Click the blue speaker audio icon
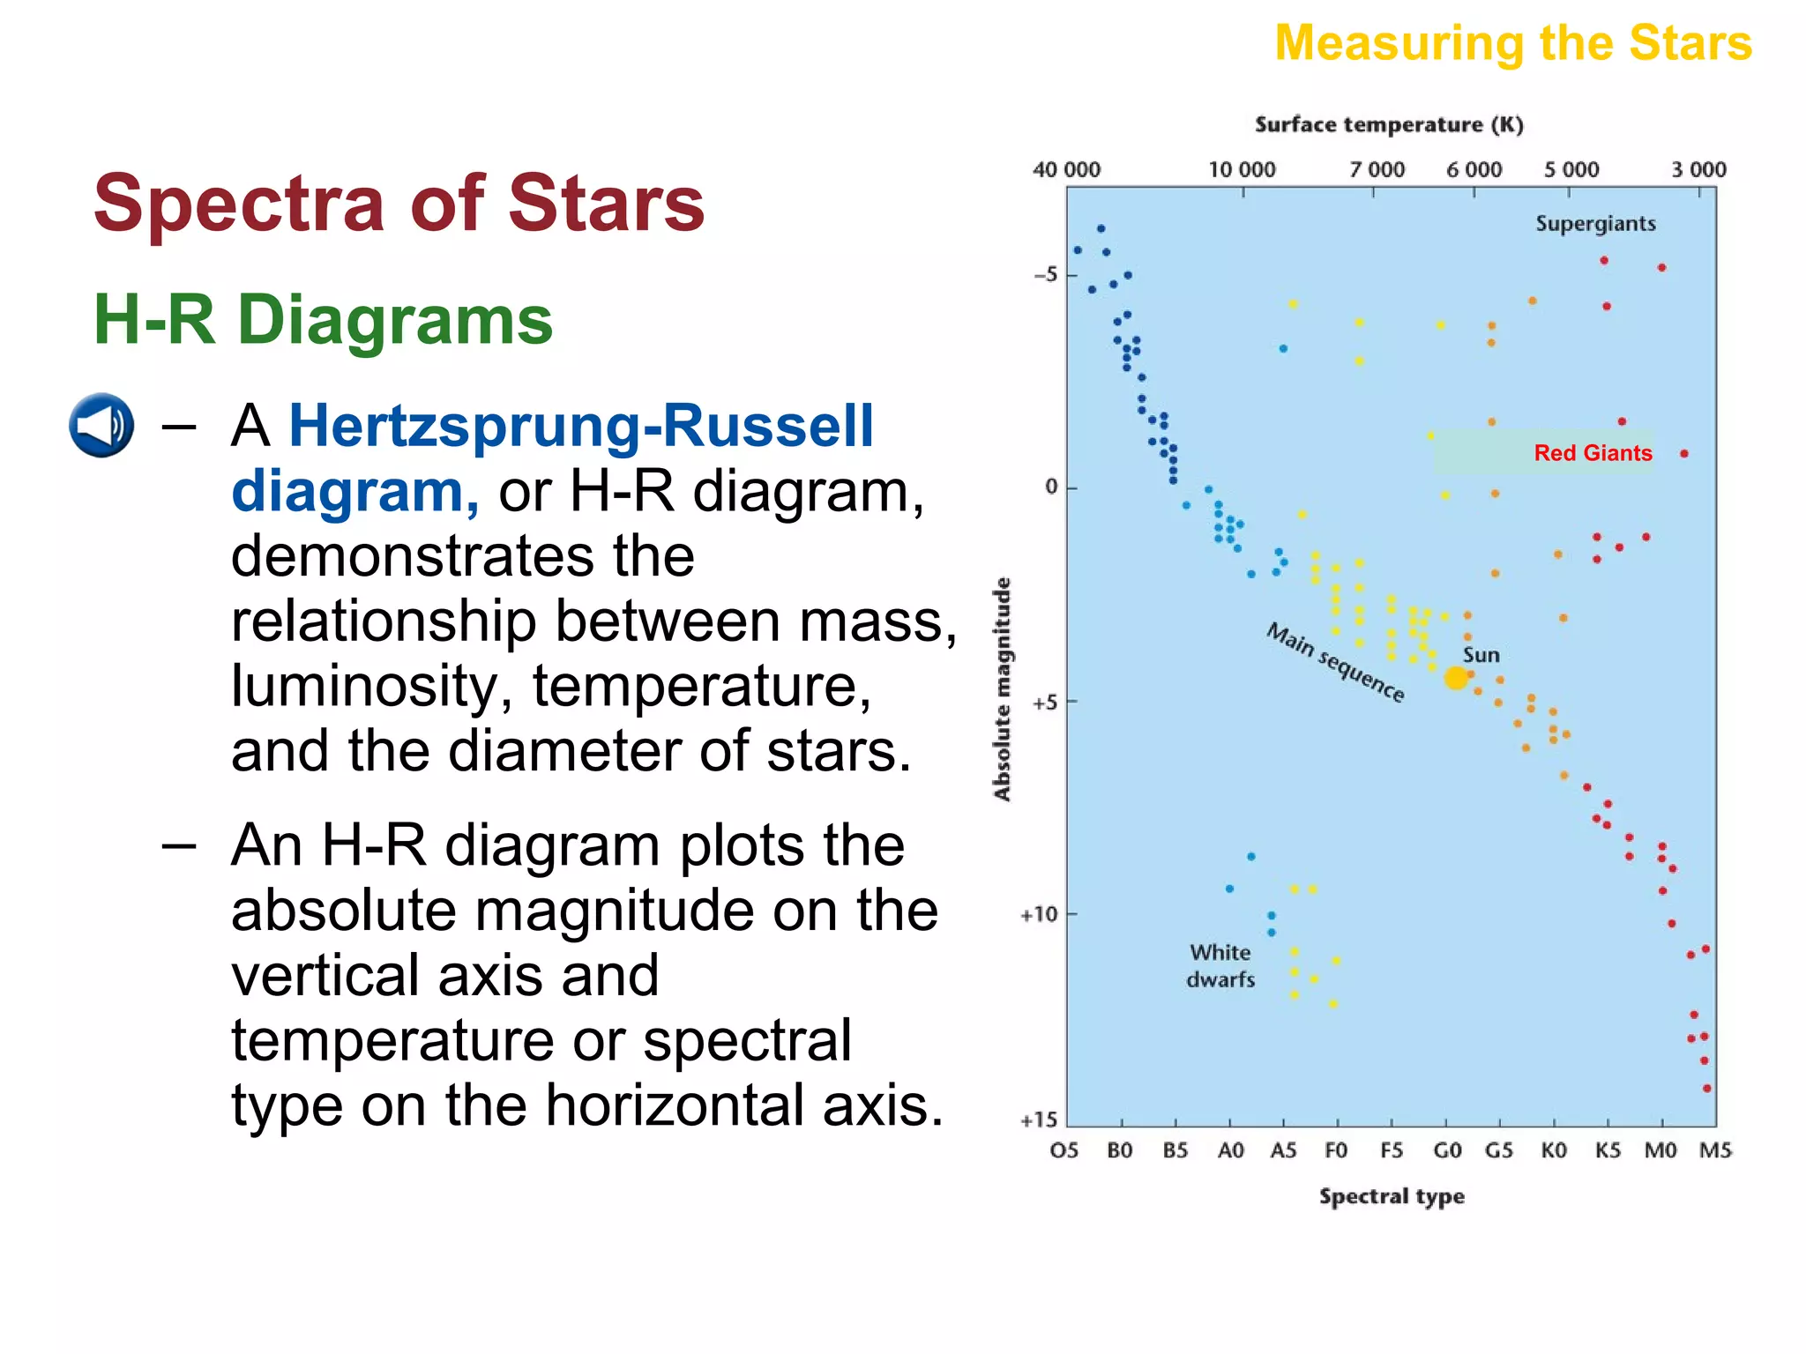(101, 425)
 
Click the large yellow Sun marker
(1456, 678)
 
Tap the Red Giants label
(1593, 453)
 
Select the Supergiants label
(1595, 224)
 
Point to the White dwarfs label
(1220, 966)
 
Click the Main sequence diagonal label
(1334, 662)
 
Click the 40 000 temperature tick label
(1066, 169)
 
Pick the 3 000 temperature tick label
(1698, 169)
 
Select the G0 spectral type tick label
(1447, 1150)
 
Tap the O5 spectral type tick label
(1064, 1150)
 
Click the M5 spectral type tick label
(1715, 1150)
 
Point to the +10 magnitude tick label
(1039, 915)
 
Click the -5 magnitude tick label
(1045, 275)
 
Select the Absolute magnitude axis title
(1002, 688)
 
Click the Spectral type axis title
(1392, 1196)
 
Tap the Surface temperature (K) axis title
(1389, 125)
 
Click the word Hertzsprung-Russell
(580, 426)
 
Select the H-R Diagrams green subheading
(323, 319)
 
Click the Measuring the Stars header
(1512, 43)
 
